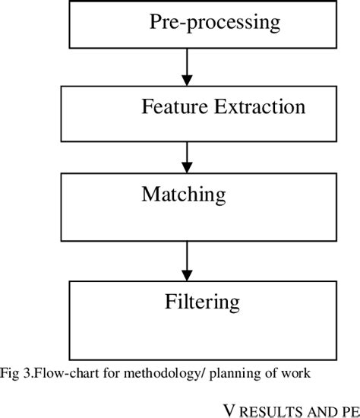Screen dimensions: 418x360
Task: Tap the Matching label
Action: pyautogui.click(x=183, y=195)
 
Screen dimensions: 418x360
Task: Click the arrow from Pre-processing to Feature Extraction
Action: pyautogui.click(x=185, y=67)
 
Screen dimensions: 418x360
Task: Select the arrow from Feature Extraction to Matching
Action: pyautogui.click(x=185, y=155)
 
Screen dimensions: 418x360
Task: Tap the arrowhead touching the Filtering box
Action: pyautogui.click(x=185, y=275)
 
